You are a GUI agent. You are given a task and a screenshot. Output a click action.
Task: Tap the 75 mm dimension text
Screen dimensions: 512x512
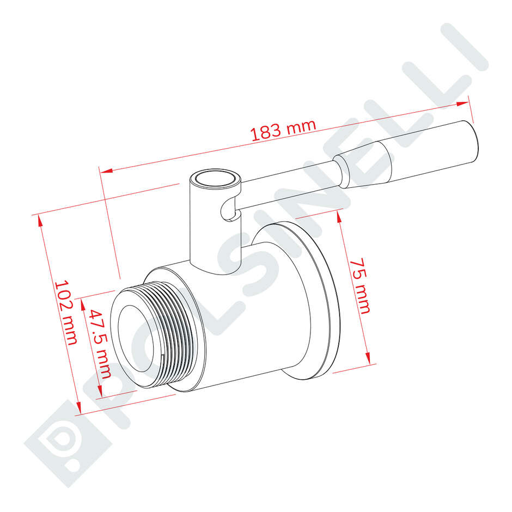point(360,285)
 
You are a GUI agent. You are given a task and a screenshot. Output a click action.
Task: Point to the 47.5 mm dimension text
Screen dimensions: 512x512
point(100,343)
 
